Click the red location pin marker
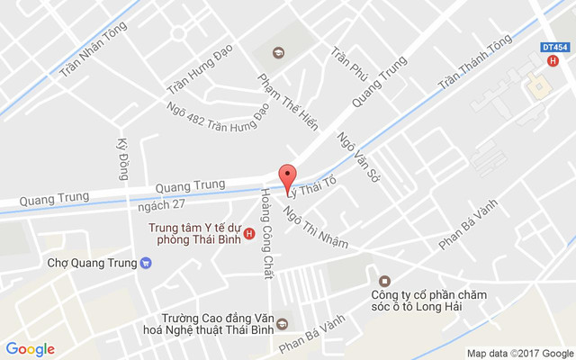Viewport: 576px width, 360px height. pyautogui.click(x=288, y=176)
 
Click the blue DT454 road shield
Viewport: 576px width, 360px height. pyautogui.click(x=555, y=46)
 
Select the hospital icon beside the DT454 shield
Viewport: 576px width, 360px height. pyautogui.click(x=553, y=61)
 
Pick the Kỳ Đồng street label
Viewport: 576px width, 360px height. pyautogui.click(x=123, y=158)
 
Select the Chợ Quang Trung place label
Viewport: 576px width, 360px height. pyautogui.click(x=92, y=264)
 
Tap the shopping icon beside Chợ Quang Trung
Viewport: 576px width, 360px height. pyautogui.click(x=146, y=264)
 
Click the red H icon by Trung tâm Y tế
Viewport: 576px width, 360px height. pyautogui.click(x=249, y=235)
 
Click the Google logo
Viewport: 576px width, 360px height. pyautogui.click(x=31, y=349)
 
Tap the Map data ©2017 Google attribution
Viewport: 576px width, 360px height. pyautogui.click(x=519, y=353)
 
